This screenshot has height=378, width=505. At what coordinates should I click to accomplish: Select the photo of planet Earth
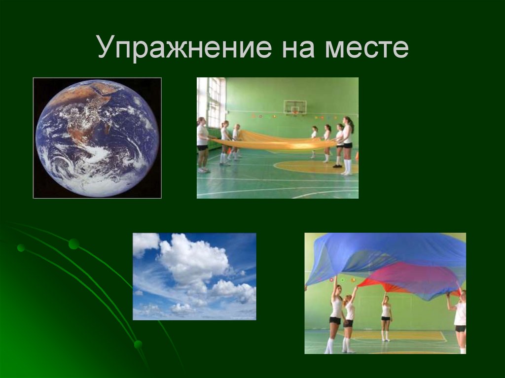pos(97,137)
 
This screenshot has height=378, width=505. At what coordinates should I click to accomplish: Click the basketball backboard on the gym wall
pos(295,106)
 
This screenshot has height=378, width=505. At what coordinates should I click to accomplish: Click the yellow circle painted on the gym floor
pos(316,167)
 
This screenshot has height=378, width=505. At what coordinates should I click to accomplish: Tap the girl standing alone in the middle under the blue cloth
pos(386,315)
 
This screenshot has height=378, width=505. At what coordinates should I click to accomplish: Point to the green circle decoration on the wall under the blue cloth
pos(342,280)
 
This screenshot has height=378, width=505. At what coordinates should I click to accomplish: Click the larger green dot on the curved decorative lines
pos(73,243)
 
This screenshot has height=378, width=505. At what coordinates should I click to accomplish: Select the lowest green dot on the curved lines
pos(138,344)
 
